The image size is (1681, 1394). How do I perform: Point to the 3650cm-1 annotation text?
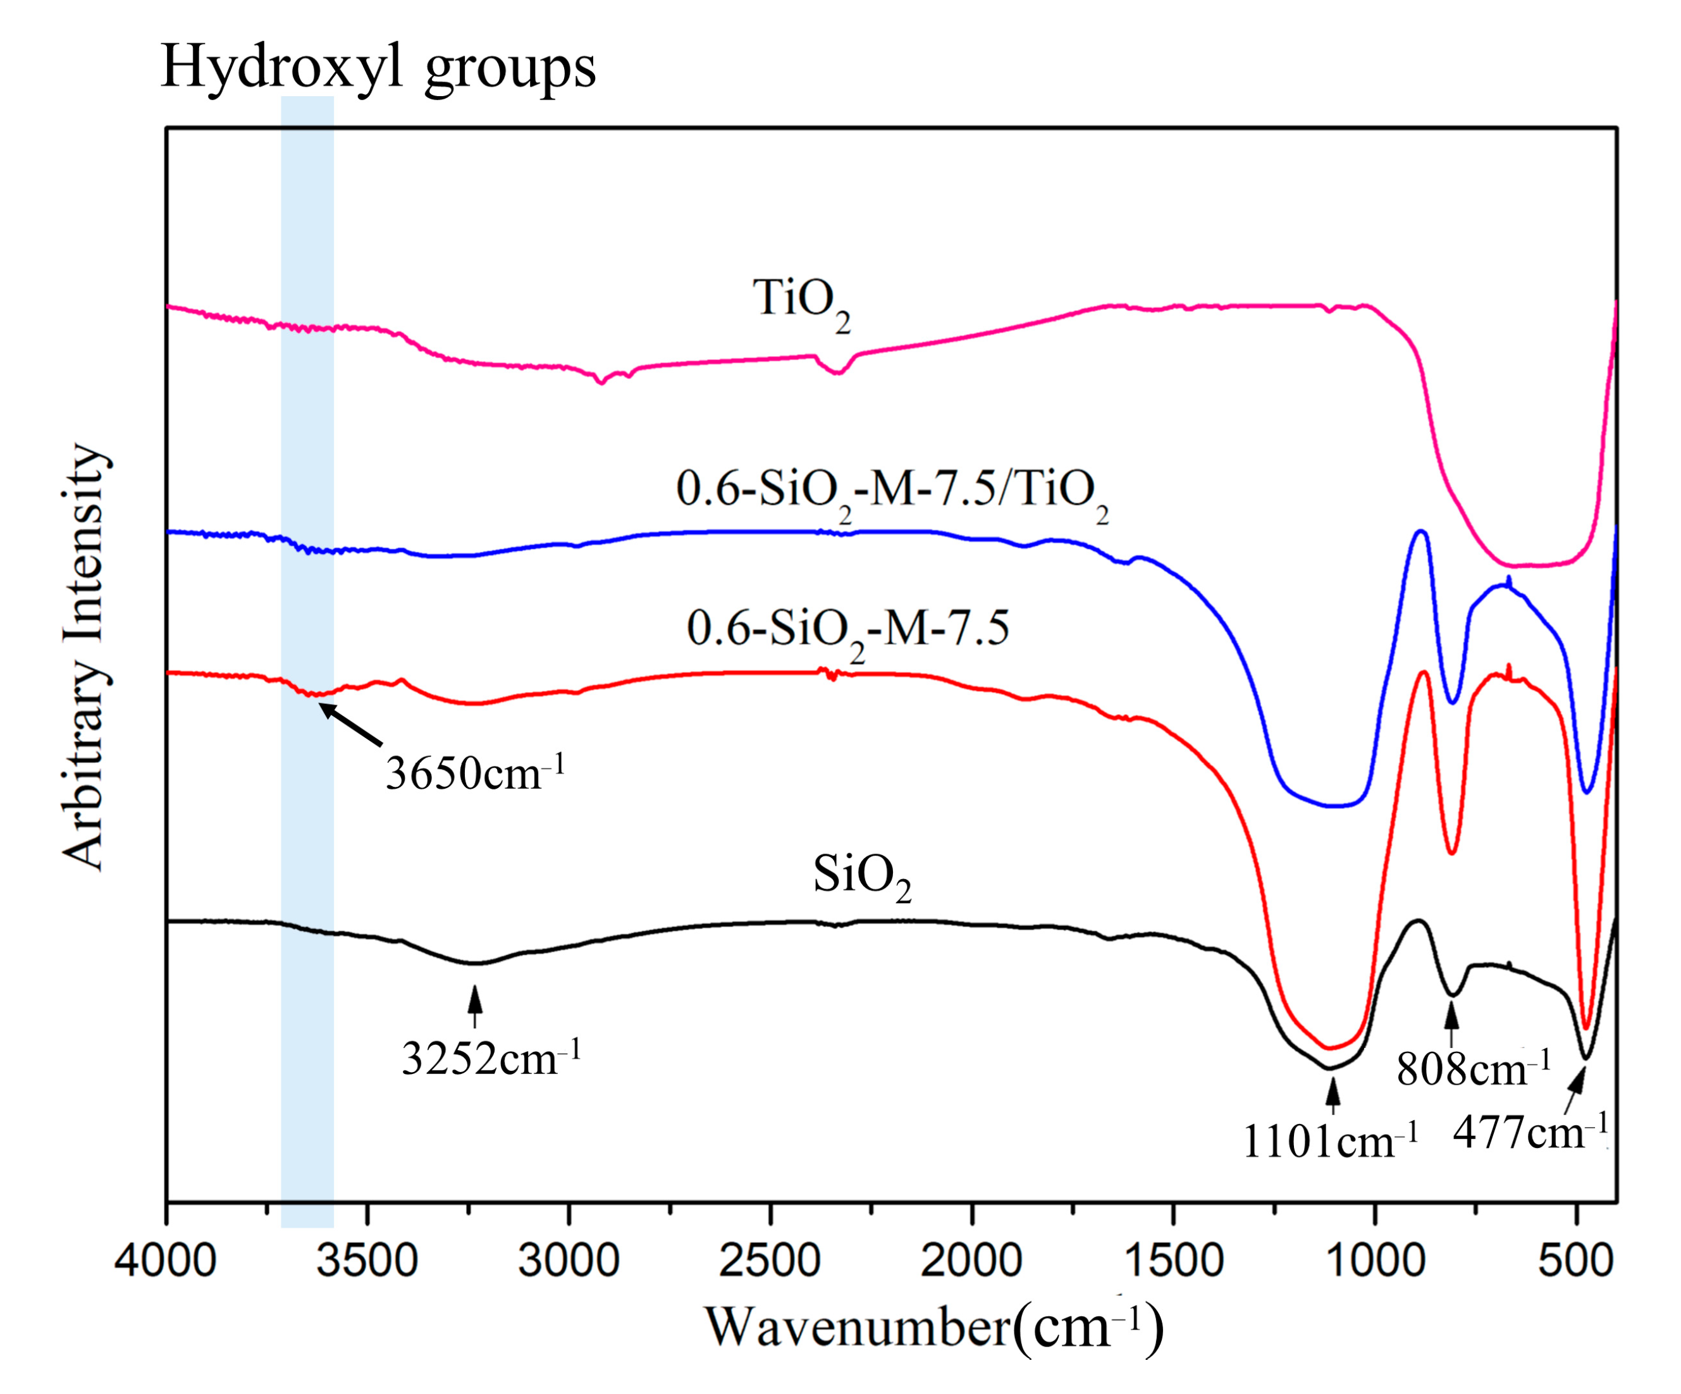coord(476,774)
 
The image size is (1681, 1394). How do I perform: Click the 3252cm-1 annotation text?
coord(490,1059)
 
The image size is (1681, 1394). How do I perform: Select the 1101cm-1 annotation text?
coord(1329,1140)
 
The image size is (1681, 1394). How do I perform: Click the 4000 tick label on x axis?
coord(165,1261)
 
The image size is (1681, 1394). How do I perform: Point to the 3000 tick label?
coord(569,1261)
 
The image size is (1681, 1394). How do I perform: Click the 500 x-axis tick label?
coord(1575,1261)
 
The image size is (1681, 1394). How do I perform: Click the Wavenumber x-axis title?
coord(933,1328)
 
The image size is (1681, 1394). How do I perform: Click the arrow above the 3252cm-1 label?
coord(476,1006)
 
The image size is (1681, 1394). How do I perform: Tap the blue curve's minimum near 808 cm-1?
coord(1453,703)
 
